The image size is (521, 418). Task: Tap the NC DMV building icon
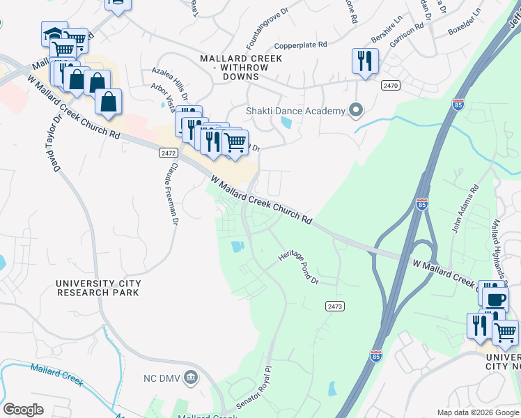coord(192,378)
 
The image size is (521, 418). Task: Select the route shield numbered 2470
coord(390,85)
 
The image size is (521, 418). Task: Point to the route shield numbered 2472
coord(167,152)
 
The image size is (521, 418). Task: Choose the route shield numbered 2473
coord(334,306)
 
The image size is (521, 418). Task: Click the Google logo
coord(23,410)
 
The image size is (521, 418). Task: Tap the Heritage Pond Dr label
coord(298,268)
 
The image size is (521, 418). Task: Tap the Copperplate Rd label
coord(303,45)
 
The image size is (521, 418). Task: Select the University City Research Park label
coord(98,288)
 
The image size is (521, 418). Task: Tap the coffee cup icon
coord(495,300)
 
